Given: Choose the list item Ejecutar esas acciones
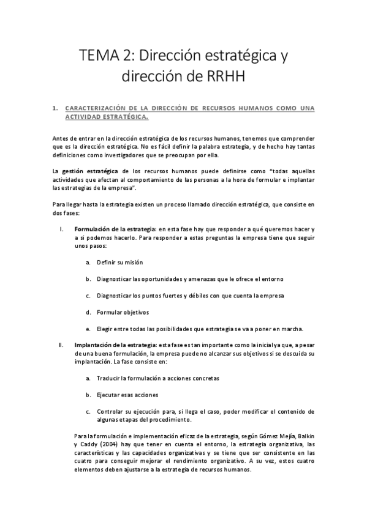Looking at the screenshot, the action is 127,395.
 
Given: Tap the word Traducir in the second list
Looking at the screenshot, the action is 110,378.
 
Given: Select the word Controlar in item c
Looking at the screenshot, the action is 112,411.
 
